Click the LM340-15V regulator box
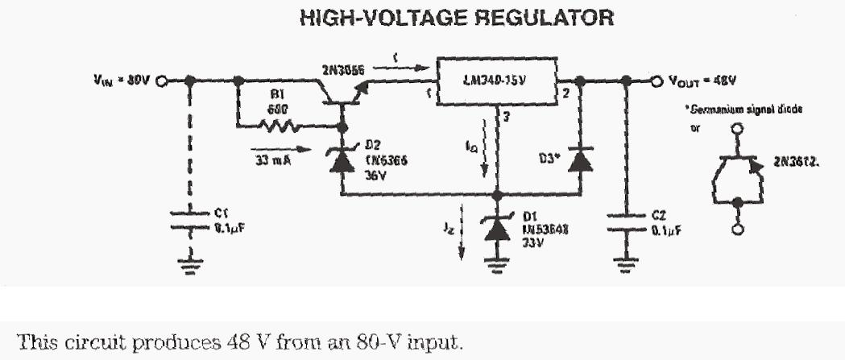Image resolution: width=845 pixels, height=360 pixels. click(499, 81)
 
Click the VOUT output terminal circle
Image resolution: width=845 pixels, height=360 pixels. click(657, 81)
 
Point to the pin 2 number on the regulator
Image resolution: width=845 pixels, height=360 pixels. click(566, 94)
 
